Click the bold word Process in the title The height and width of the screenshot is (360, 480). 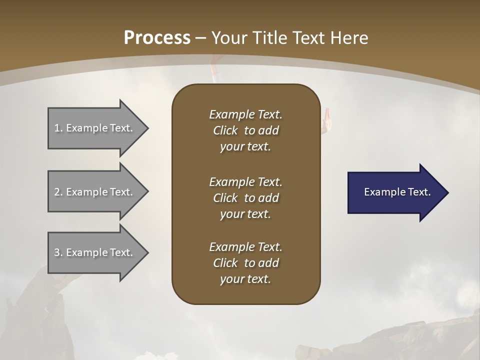(157, 38)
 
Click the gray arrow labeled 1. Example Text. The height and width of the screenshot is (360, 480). (95, 128)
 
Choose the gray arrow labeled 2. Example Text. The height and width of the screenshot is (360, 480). (95, 192)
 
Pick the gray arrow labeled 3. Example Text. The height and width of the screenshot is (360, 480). (95, 252)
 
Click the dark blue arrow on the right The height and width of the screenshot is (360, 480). (395, 192)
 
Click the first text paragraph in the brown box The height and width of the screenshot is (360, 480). (245, 130)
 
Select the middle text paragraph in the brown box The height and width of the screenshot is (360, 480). (245, 198)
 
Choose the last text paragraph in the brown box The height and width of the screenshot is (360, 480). (245, 263)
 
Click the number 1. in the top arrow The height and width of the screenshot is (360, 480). (58, 128)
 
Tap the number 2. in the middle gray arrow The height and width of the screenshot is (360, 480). (58, 192)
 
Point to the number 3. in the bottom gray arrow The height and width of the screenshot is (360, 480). (58, 252)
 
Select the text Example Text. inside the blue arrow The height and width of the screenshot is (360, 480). (397, 192)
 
